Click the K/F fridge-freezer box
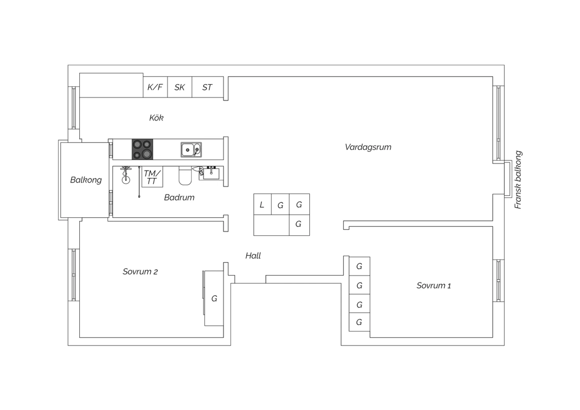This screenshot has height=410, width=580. pos(155,87)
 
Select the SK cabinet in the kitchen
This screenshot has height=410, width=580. pos(180,87)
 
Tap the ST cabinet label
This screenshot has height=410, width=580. pos(207,87)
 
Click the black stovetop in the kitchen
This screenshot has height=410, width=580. pos(142,149)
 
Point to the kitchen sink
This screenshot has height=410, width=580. pos(191,150)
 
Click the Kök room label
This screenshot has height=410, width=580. pos(156,118)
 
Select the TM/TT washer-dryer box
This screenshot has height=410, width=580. pos(152,177)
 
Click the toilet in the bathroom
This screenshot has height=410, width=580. pos(185,176)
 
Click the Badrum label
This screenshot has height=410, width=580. pos(179,197)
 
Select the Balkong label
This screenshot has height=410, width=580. pos(86,180)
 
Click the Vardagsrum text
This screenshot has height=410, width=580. pos(368,147)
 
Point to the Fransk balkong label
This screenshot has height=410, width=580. pos(518,180)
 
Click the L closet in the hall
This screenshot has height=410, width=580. pos(263,204)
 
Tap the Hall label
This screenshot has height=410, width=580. pos(253,256)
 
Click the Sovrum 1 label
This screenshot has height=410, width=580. pos(434,285)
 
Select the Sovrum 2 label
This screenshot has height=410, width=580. pos(140,272)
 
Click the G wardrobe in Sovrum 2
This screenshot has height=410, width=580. pos(214,298)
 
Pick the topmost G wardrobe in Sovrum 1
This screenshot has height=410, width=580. pos(359,266)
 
